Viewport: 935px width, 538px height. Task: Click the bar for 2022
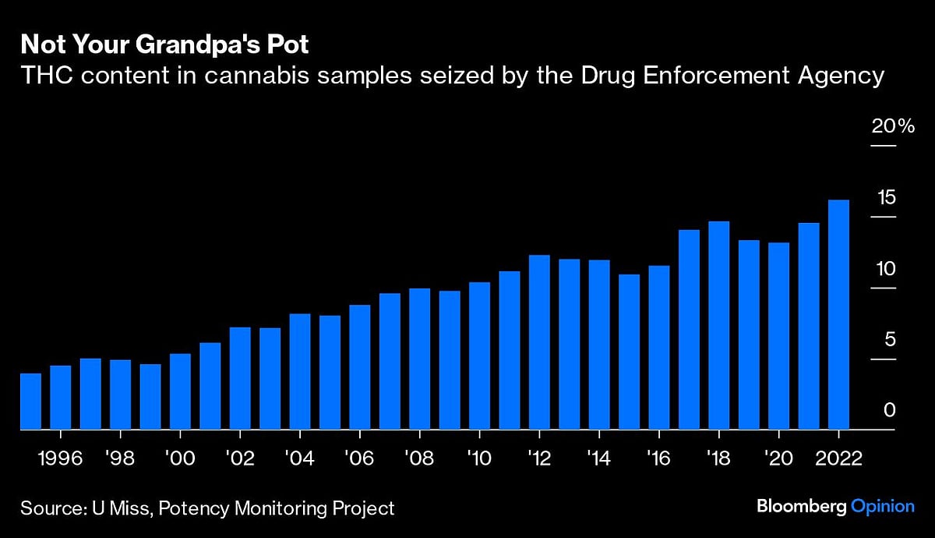point(838,315)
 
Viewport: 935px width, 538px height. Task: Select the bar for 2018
point(718,326)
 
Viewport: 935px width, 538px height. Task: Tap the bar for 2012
point(539,342)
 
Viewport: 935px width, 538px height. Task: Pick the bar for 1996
point(61,398)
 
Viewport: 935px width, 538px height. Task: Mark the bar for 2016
point(659,348)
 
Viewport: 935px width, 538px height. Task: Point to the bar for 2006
point(360,367)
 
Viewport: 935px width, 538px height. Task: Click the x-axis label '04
point(299,458)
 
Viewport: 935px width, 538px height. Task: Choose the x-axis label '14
point(598,458)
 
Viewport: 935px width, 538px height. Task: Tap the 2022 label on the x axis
point(838,458)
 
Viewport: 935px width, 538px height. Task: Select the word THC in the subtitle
point(43,76)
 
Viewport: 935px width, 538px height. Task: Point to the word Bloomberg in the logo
point(800,506)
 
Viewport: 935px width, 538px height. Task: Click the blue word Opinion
point(882,506)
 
